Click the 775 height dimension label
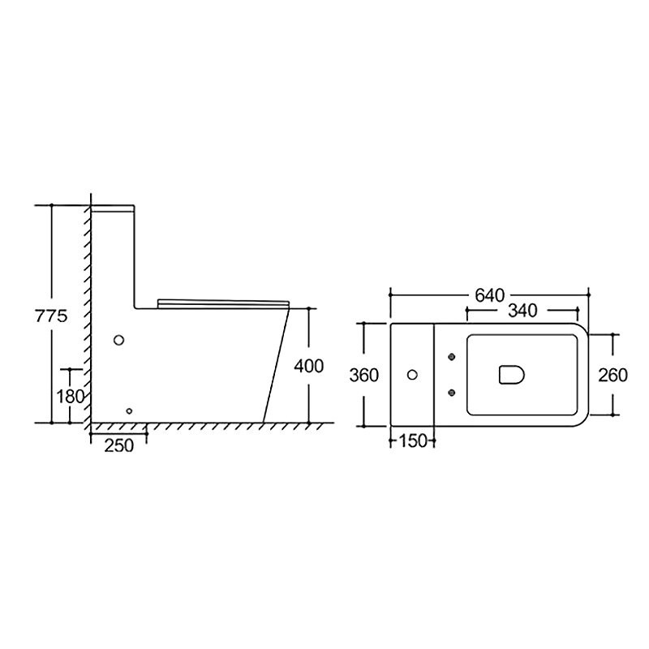51,316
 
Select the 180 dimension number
71,397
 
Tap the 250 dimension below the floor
118,445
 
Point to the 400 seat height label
309,366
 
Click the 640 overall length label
490,295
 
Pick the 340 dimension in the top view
522,311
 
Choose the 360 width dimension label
363,375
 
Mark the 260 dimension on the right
613,375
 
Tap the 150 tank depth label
412,441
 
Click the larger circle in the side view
118,340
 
